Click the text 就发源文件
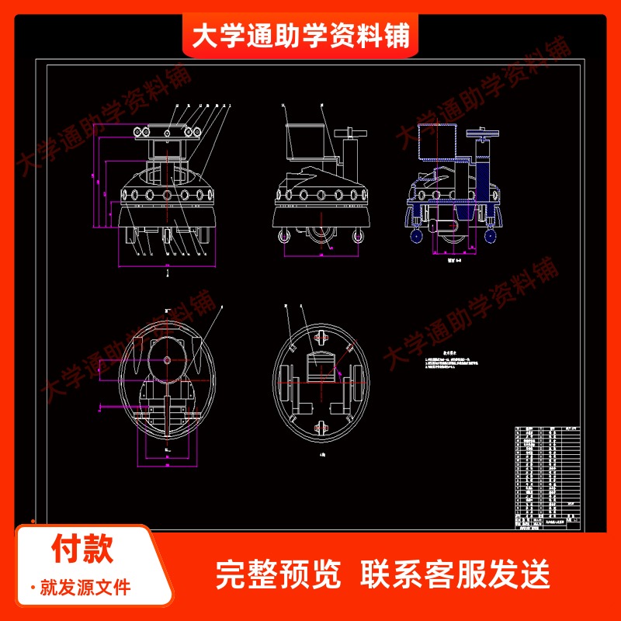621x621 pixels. [x=85, y=588]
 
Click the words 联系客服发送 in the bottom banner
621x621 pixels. [x=456, y=574]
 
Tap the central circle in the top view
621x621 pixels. [x=167, y=362]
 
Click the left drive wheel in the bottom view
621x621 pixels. [x=286, y=383]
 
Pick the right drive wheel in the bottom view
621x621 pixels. [x=359, y=383]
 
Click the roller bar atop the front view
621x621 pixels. [x=167, y=131]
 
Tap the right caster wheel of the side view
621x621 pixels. [x=358, y=236]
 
